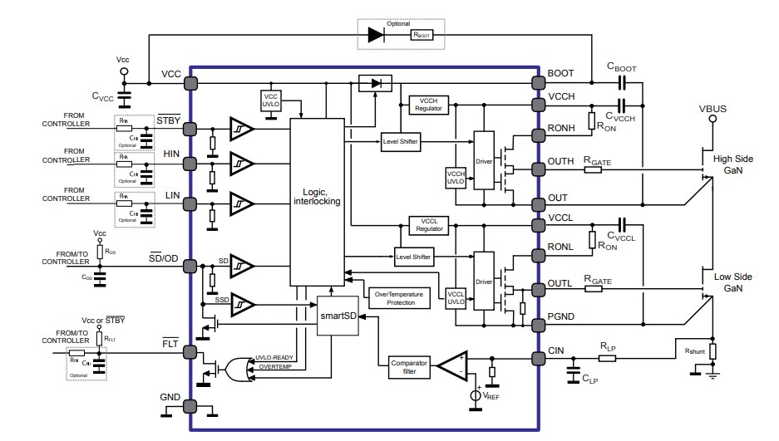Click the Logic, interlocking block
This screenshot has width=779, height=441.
coord(317,202)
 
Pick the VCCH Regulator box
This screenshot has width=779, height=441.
coord(430,105)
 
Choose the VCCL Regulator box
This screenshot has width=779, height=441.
coord(430,225)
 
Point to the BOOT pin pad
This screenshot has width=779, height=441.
coord(535,84)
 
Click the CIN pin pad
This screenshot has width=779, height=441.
coord(535,359)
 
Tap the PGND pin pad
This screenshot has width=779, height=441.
coord(535,316)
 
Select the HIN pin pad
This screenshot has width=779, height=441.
coord(190,164)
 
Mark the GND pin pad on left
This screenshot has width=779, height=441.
coord(190,406)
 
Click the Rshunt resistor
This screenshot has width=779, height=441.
coord(712,350)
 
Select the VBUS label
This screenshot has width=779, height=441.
coord(712,107)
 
